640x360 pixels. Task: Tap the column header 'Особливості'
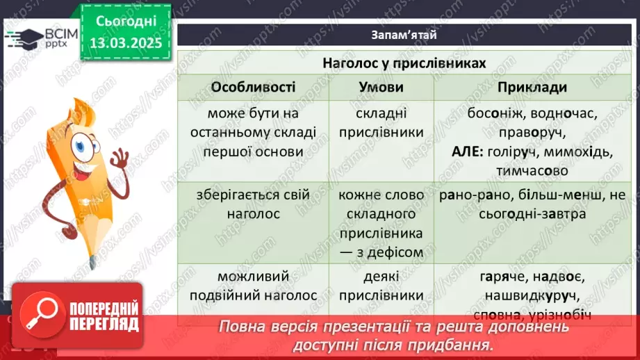[x=253, y=88]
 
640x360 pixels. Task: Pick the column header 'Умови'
[x=381, y=88]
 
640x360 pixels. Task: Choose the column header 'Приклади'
[x=532, y=88]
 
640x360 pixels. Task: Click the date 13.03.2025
[x=126, y=43]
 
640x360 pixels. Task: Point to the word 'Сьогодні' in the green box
[x=126, y=23]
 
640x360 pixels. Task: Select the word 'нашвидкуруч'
[x=532, y=295]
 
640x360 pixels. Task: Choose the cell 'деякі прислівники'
[x=381, y=286]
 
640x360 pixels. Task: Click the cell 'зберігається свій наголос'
[x=253, y=205]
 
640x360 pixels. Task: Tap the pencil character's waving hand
[x=119, y=161]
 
